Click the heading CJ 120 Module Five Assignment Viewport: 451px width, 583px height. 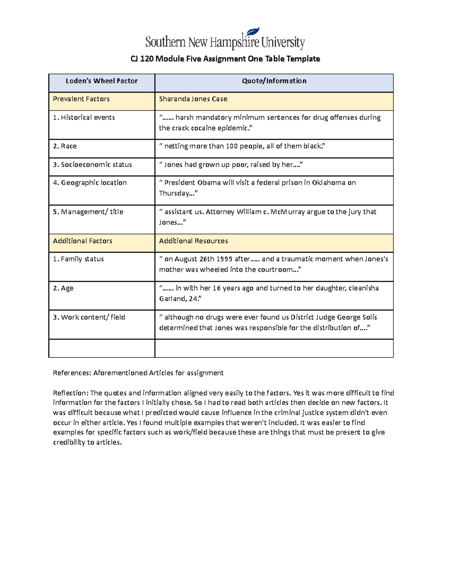[x=225, y=59]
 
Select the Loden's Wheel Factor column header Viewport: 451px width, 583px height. [x=101, y=81]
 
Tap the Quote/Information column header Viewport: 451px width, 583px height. [x=274, y=81]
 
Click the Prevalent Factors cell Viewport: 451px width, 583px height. [x=81, y=99]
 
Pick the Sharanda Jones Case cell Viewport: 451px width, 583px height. [x=193, y=99]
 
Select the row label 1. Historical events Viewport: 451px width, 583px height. [x=84, y=118]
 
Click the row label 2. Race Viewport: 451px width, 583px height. [x=65, y=146]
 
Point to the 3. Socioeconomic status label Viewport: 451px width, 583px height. [x=92, y=165]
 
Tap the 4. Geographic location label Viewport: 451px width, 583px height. [x=90, y=183]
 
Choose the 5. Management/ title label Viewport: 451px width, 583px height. [x=88, y=212]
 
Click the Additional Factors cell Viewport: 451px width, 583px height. [x=83, y=241]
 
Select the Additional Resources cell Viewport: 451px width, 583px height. [x=194, y=241]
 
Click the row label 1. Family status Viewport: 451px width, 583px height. [x=78, y=259]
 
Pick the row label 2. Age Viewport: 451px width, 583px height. [x=63, y=288]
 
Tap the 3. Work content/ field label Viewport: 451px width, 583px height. [x=89, y=317]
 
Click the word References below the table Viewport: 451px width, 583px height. [x=71, y=373]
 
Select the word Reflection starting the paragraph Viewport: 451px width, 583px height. [x=70, y=393]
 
